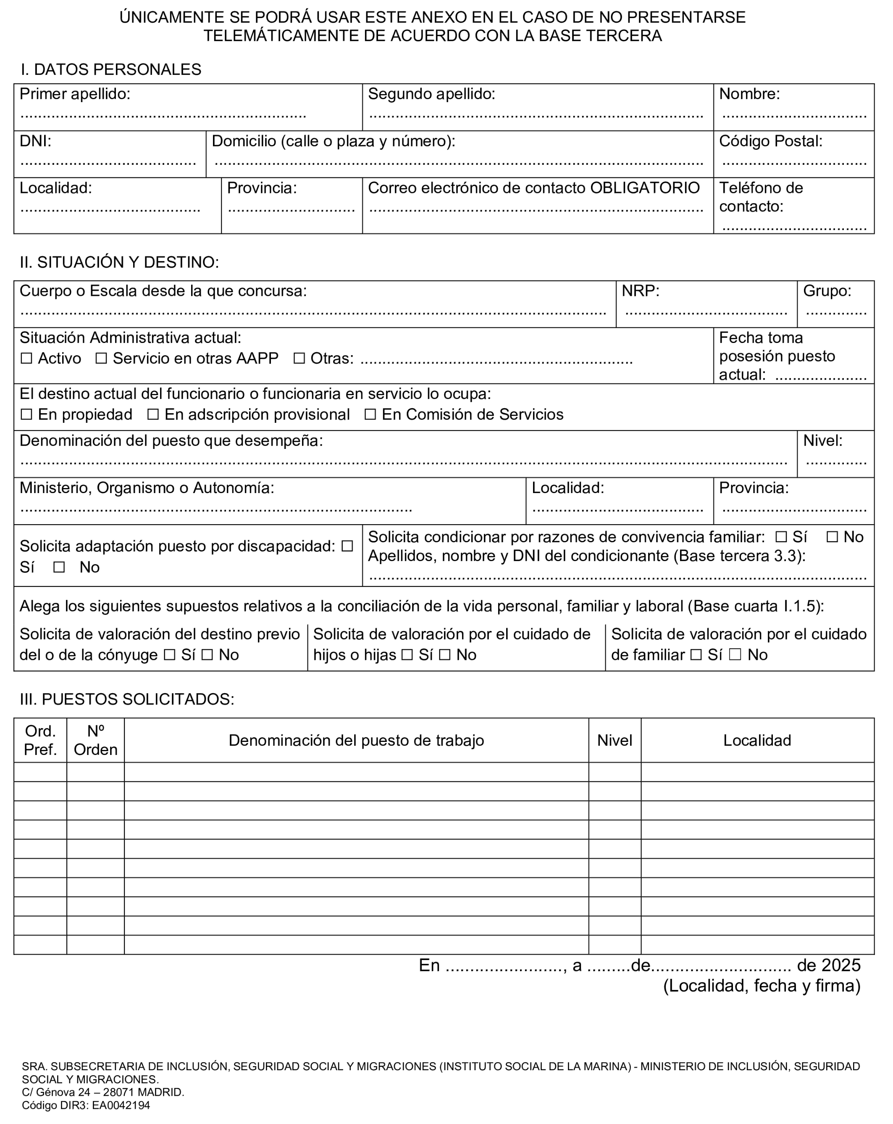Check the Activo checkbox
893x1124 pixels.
(x=26, y=358)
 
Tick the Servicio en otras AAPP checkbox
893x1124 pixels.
(x=101, y=358)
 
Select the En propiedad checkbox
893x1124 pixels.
(x=26, y=414)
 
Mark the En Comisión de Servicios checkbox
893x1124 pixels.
(x=370, y=414)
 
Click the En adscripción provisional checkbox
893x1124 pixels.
(x=152, y=414)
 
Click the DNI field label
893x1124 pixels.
(x=35, y=141)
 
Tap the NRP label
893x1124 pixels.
(x=640, y=290)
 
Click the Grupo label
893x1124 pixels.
(x=827, y=290)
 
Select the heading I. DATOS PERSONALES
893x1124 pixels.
(x=111, y=69)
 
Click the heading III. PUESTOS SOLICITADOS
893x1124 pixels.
(x=127, y=699)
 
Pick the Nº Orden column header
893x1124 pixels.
(x=95, y=740)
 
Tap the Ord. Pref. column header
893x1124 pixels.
(x=40, y=740)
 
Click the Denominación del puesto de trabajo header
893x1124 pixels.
(x=356, y=740)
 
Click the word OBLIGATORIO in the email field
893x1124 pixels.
(x=644, y=187)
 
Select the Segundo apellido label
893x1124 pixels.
(x=431, y=94)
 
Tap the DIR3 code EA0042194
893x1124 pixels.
(x=121, y=1105)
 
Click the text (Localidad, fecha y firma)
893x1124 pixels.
(x=762, y=986)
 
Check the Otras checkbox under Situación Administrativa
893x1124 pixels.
(x=299, y=358)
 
